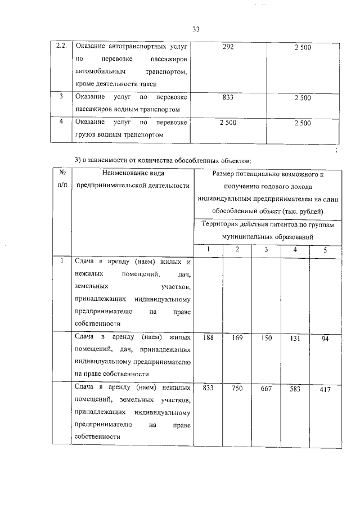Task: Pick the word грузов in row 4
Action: click(84, 135)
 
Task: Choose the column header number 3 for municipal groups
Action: click(267, 249)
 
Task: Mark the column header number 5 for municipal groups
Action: click(325, 249)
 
